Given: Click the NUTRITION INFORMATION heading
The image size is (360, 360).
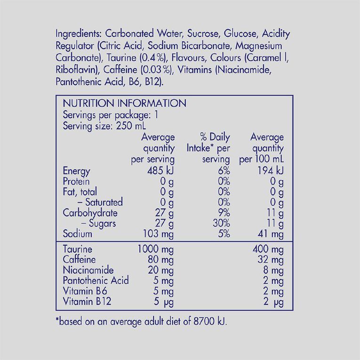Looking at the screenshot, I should tap(125, 104).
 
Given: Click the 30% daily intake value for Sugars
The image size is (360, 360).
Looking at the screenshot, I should tap(220, 223).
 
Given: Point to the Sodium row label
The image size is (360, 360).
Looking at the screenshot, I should tap(78, 233).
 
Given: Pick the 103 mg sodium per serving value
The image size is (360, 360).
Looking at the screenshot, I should tap(158, 233).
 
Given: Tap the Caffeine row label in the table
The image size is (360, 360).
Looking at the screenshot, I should tap(79, 260).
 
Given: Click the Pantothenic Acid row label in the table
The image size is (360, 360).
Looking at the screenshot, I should tap(96, 280).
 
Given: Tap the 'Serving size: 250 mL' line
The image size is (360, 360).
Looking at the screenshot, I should tap(104, 126).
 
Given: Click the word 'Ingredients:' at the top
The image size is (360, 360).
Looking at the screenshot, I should tap(79, 34).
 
